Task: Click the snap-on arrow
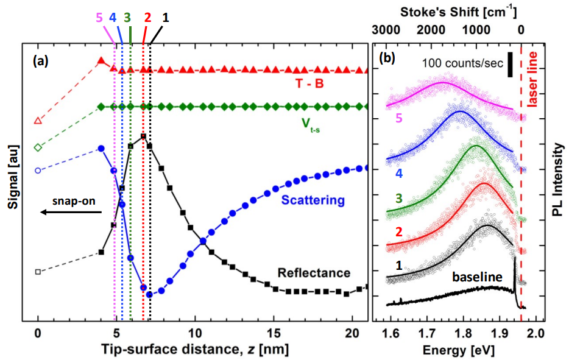tap(70, 211)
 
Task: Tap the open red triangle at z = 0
tap(38, 121)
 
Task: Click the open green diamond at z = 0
tap(38, 147)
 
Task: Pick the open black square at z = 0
tap(38, 272)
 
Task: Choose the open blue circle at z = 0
tap(38, 171)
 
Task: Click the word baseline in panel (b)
tap(476, 278)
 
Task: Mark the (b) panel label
tap(388, 59)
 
